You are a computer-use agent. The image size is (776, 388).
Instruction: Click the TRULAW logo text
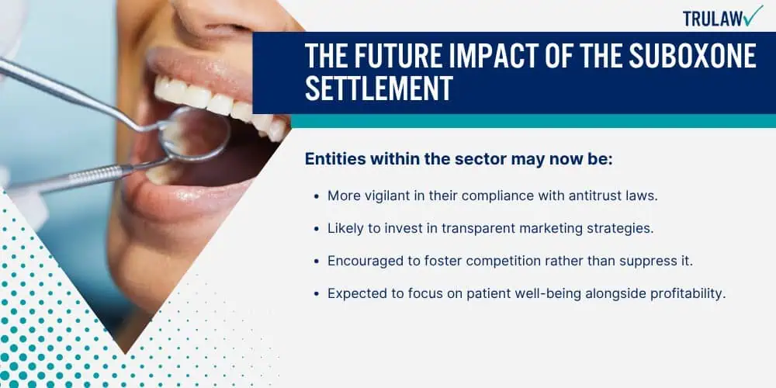tap(711, 17)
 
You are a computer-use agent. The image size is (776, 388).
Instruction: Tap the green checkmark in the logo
tap(753, 16)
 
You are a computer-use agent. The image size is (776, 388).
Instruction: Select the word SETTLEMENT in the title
tap(378, 88)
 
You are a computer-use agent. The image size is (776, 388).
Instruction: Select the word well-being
tap(542, 293)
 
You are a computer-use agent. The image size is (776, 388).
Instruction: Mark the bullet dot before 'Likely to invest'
tap(316, 229)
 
